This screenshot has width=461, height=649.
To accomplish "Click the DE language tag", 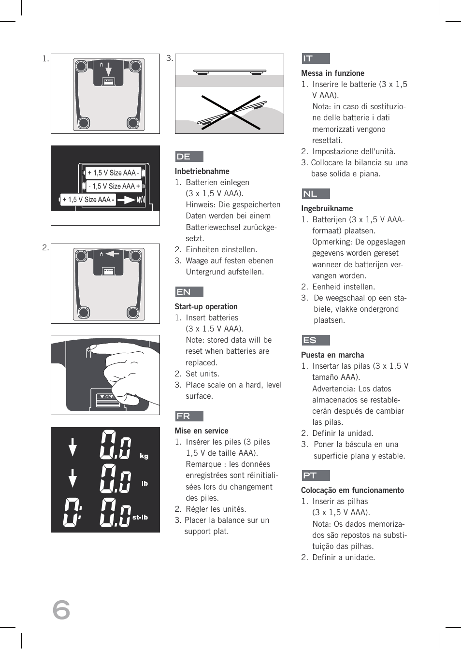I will point(189,157).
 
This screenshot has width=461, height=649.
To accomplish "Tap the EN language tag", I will point(189,292).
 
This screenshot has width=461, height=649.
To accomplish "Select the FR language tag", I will point(189,416).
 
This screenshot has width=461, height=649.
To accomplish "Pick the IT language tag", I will point(315,58).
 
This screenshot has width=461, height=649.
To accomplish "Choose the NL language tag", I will point(315,194).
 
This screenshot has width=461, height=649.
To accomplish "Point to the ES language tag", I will point(315,340).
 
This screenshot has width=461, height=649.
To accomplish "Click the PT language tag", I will point(315,476).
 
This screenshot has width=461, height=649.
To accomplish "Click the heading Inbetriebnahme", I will point(202,171).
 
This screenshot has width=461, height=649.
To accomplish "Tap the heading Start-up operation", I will point(206,306).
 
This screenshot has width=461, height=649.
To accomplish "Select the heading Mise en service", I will point(202,431).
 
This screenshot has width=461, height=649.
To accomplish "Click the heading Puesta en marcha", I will point(332,355).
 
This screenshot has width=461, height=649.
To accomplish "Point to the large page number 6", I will point(61,609).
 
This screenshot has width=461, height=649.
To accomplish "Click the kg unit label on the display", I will point(144,456).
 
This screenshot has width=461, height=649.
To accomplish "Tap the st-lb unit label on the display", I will point(140,517).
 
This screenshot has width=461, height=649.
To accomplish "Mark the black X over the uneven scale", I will point(231,112).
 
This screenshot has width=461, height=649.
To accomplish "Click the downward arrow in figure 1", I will point(109,69).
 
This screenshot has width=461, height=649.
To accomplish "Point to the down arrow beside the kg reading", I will point(72,447).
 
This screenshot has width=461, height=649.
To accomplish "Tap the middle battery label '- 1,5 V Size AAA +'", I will point(114,186).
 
